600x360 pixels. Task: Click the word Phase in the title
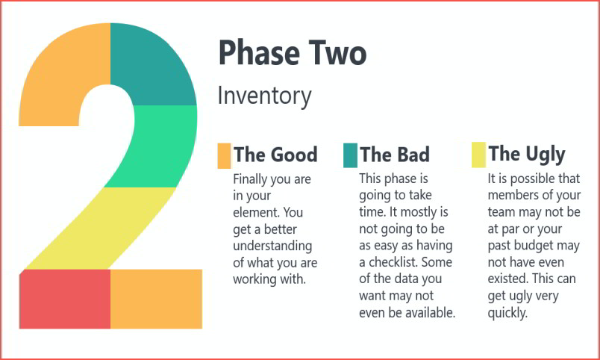click(x=259, y=52)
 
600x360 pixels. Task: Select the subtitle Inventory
click(x=264, y=96)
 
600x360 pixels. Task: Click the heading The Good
click(x=275, y=155)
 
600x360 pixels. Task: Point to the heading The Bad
click(x=395, y=155)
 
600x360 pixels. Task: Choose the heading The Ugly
click(x=527, y=155)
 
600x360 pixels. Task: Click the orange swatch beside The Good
click(x=224, y=156)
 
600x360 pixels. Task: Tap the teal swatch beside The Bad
click(x=351, y=155)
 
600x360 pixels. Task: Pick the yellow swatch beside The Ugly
click(x=478, y=155)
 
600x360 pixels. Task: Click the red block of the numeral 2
click(x=65, y=299)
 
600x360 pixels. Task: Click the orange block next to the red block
click(x=156, y=299)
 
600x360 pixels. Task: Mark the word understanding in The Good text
click(x=272, y=246)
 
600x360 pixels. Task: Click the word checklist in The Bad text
click(x=394, y=262)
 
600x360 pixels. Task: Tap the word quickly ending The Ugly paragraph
click(x=507, y=313)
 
